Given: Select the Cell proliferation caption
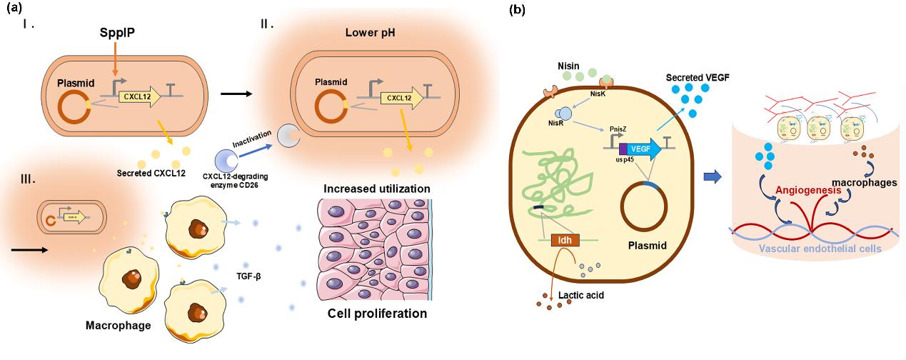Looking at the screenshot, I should tap(377, 314).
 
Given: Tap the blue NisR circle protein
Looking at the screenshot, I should tap(563, 113).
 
